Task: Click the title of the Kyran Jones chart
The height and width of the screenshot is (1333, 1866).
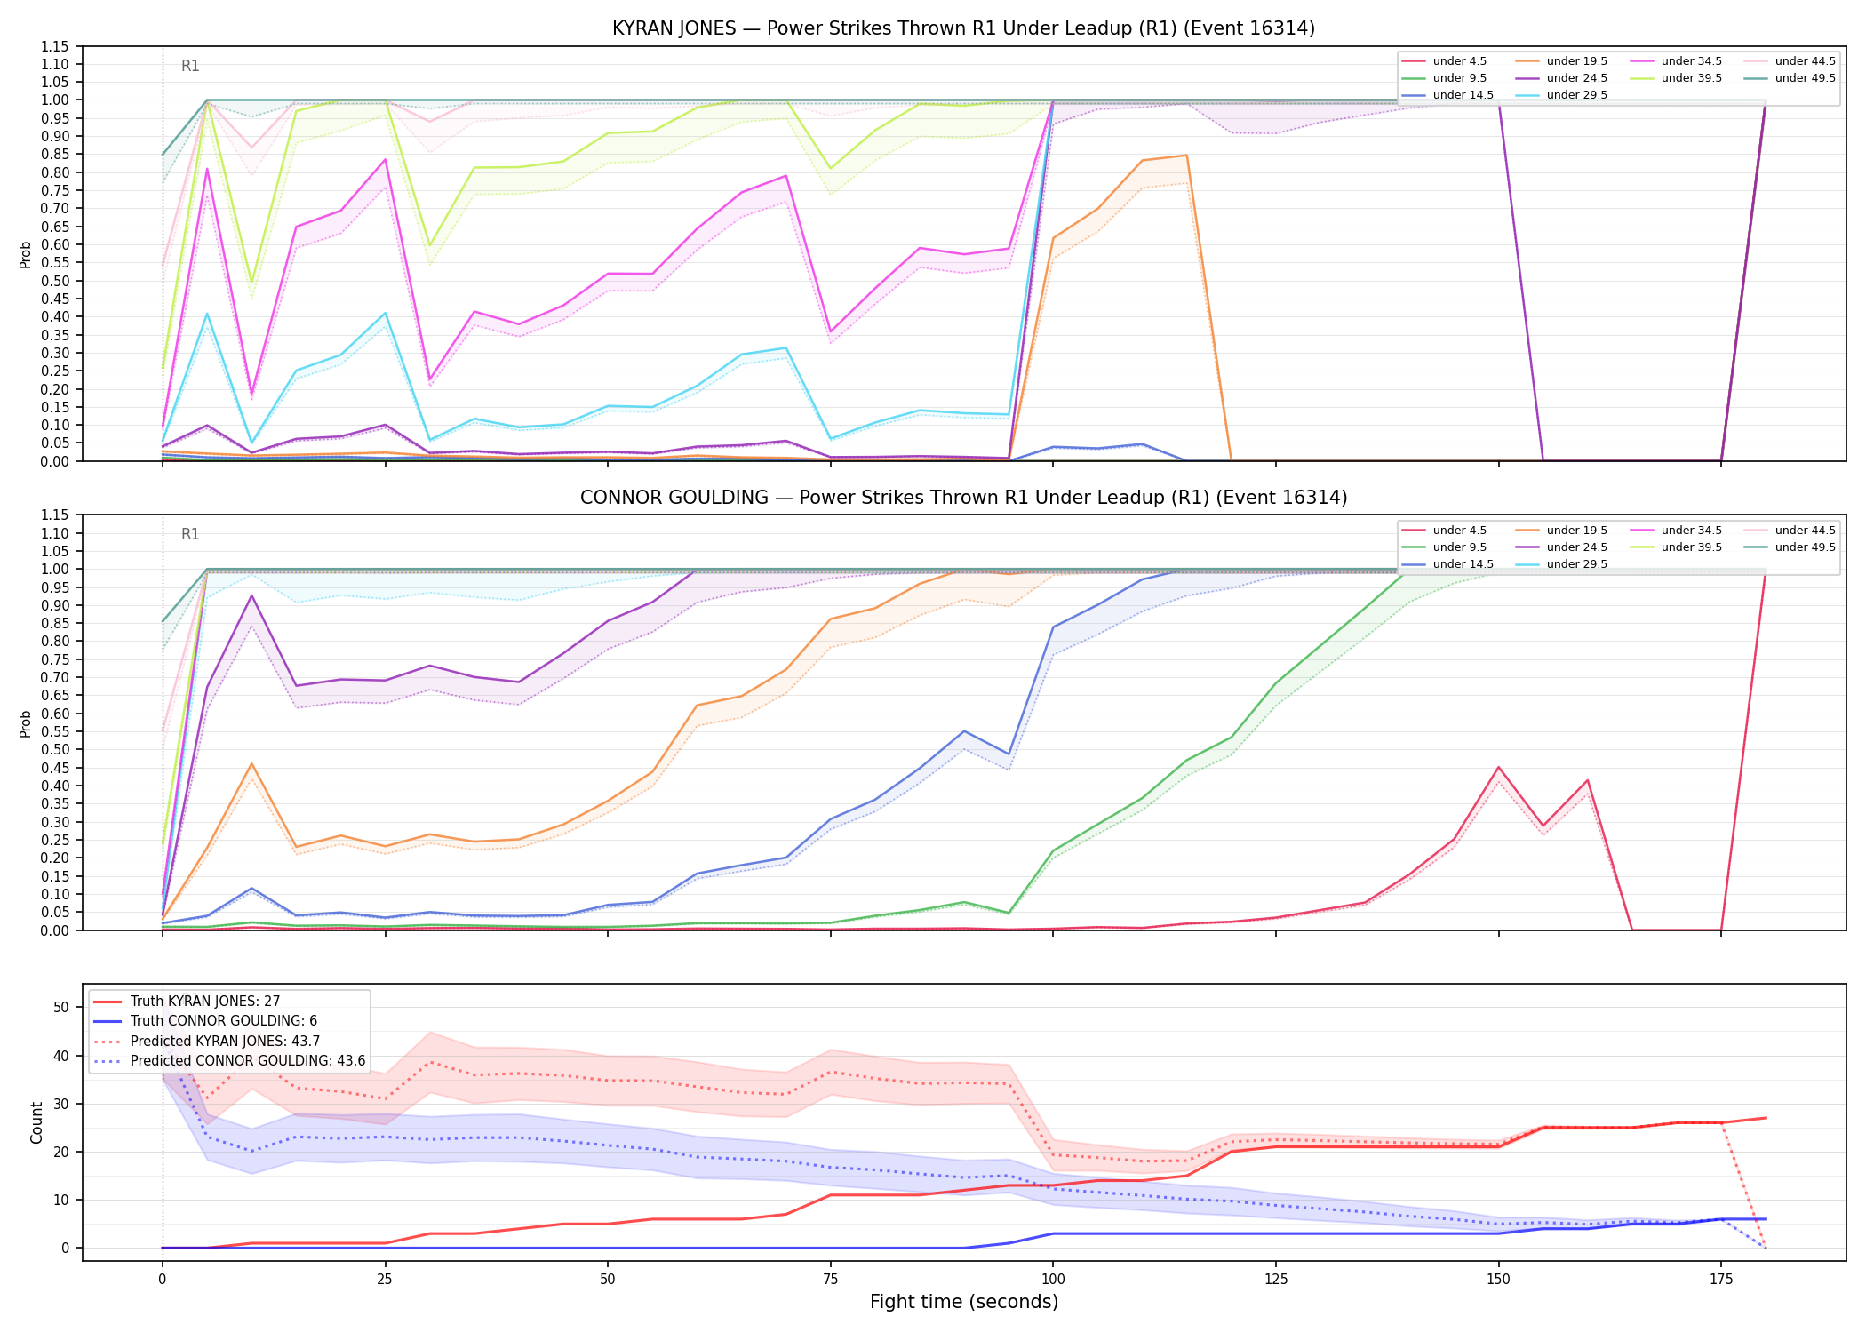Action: pyautogui.click(x=963, y=28)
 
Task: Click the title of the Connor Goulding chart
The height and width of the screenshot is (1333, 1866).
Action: pyautogui.click(x=963, y=498)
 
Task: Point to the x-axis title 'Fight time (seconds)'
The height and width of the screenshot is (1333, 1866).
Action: pyautogui.click(x=964, y=1302)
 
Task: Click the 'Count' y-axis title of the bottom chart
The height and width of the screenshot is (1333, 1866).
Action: pyautogui.click(x=36, y=1122)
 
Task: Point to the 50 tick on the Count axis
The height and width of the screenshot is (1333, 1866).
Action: pyautogui.click(x=61, y=1008)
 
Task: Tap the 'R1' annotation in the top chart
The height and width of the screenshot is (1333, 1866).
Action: pyautogui.click(x=190, y=66)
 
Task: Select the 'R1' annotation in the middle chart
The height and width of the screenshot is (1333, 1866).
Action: pyautogui.click(x=190, y=534)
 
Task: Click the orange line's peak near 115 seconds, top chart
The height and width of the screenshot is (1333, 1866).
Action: pyautogui.click(x=1186, y=156)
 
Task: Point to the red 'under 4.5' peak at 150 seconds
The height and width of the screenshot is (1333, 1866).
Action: pyautogui.click(x=1499, y=767)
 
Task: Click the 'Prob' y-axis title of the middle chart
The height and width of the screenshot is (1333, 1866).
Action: pyautogui.click(x=26, y=723)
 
